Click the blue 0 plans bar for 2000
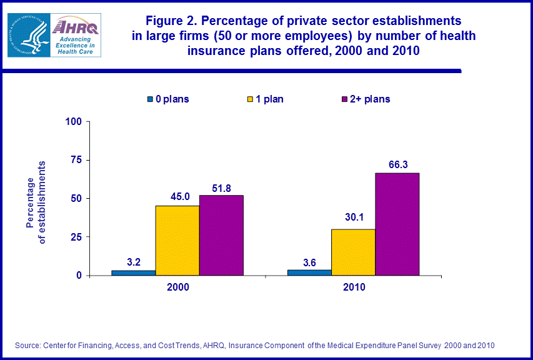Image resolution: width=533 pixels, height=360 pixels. pyautogui.click(x=133, y=272)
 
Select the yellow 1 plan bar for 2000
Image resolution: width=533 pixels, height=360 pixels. pyautogui.click(x=177, y=241)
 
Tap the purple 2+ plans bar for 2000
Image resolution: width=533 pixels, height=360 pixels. pyautogui.click(x=221, y=235)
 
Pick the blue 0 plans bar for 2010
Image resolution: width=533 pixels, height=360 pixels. pyautogui.click(x=309, y=272)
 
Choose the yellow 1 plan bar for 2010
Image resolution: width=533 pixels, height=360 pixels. pyautogui.click(x=353, y=252)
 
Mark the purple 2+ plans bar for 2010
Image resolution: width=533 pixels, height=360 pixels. pyautogui.click(x=397, y=224)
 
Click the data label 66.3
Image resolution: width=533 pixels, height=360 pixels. pyautogui.click(x=397, y=164)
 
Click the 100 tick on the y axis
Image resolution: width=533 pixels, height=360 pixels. pyautogui.click(x=74, y=121)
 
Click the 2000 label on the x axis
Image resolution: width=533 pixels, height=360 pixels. pyautogui.click(x=177, y=288)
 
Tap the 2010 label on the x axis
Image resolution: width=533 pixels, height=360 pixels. pyautogui.click(x=354, y=288)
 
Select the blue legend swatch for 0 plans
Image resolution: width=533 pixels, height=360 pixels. pyautogui.click(x=150, y=99)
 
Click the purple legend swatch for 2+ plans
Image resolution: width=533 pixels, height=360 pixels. pyautogui.click(x=344, y=99)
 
